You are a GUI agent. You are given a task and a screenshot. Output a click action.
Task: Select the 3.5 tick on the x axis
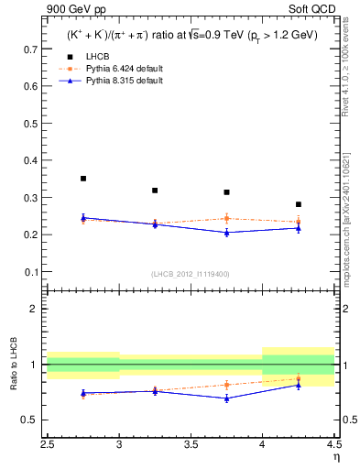coord(191,443)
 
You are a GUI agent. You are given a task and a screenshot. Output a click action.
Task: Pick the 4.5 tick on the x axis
coord(333,443)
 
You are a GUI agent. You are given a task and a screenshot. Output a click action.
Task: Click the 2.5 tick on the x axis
coord(48,443)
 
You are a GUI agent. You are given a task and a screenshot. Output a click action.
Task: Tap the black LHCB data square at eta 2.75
coord(83,179)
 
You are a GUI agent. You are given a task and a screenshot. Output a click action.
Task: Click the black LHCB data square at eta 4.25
coord(298,204)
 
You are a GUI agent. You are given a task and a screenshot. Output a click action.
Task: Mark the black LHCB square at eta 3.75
coord(226,192)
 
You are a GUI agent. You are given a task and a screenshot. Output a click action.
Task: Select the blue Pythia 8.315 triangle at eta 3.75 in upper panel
coord(226,233)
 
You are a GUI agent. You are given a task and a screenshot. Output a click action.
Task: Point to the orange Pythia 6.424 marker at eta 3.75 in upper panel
coord(226,218)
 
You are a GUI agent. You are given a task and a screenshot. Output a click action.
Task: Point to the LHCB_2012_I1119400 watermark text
coord(191,274)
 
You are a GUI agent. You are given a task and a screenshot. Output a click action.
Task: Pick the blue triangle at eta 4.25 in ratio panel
coord(298,385)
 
